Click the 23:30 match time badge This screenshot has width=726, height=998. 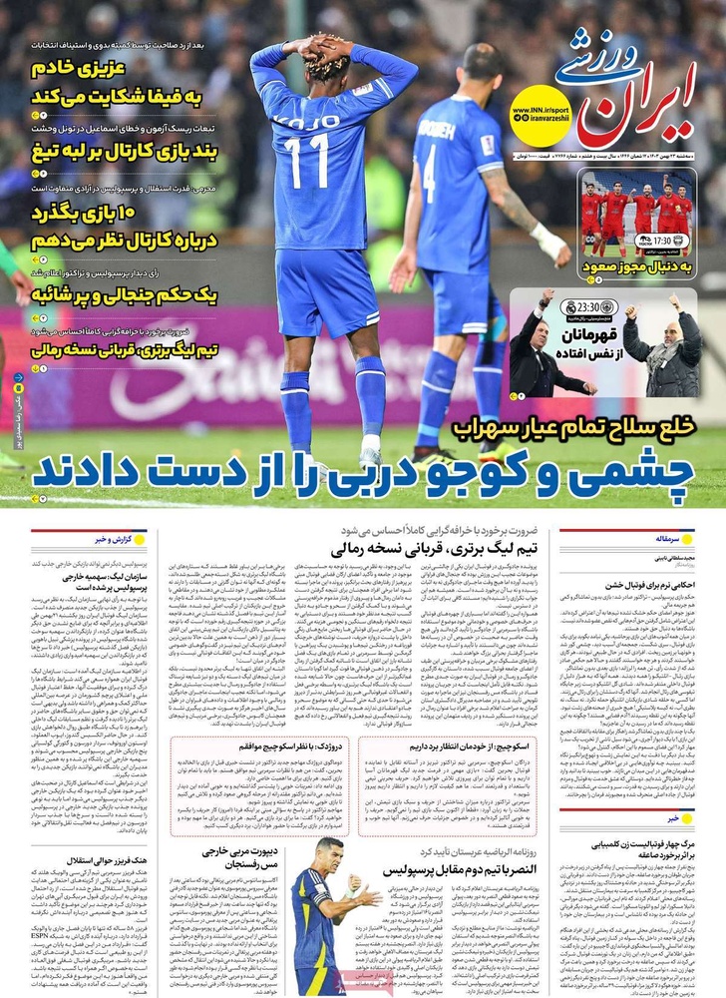[x=583, y=308]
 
